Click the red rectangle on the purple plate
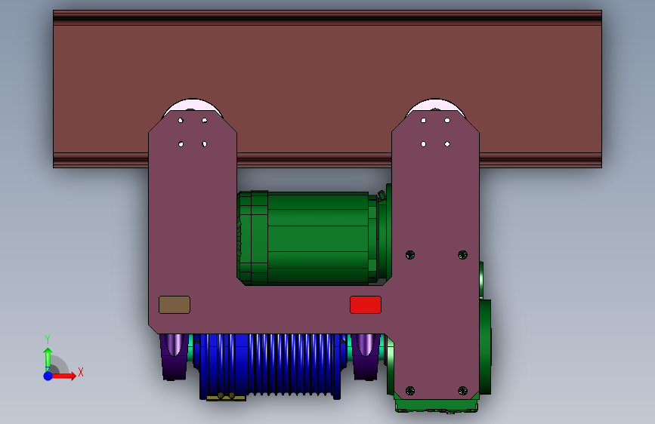pyautogui.click(x=366, y=305)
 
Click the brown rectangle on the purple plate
pyautogui.click(x=175, y=305)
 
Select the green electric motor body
pyautogui.click(x=314, y=238)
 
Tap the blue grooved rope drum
pyautogui.click(x=270, y=366)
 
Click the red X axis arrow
pyautogui.click(x=63, y=376)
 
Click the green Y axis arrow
pyautogui.click(x=48, y=360)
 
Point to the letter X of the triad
pyautogui.click(x=81, y=372)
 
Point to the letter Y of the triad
pyautogui.click(x=48, y=340)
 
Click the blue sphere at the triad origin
pyautogui.click(x=48, y=376)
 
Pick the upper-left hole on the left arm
pyautogui.click(x=181, y=120)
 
